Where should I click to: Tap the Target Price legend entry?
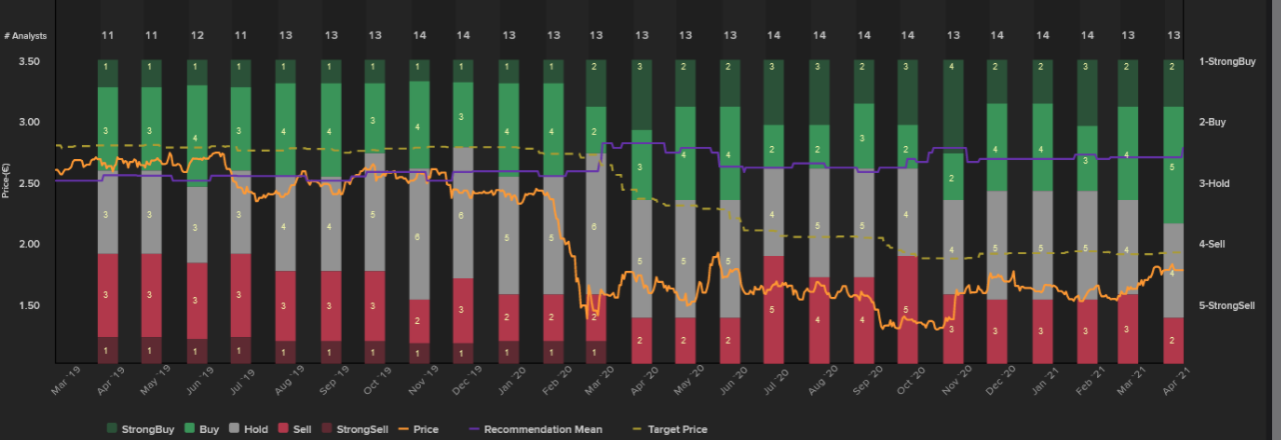tap(676, 429)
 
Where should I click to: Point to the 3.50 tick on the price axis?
tap(30, 61)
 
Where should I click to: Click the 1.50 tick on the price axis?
tap(30, 305)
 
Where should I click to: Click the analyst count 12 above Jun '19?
tap(198, 35)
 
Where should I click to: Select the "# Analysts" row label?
tap(25, 35)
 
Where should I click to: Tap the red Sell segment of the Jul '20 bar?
tap(773, 309)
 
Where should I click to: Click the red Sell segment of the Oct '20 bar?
tap(906, 309)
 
